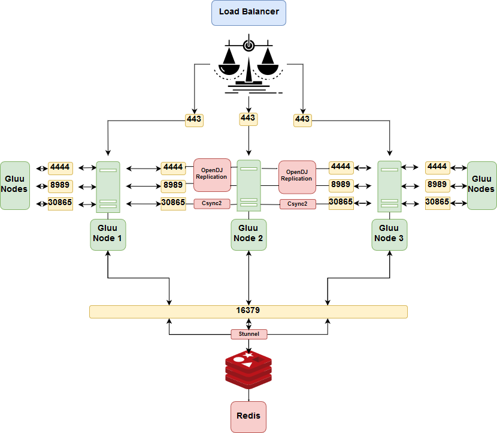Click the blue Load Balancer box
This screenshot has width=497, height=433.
[x=249, y=13]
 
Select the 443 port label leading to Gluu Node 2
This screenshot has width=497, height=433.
[x=248, y=118]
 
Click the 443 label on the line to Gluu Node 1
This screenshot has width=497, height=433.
[x=195, y=120]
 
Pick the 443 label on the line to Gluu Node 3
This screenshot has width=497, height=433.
[x=302, y=120]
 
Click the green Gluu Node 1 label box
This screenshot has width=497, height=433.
[x=108, y=234]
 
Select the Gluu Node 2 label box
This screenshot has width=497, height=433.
[x=249, y=234]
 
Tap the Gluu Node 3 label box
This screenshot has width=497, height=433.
[x=389, y=234]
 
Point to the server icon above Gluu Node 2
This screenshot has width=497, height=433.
[x=249, y=185]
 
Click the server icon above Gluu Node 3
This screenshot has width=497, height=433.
[x=389, y=186]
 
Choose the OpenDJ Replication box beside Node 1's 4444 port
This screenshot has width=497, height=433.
[x=212, y=175]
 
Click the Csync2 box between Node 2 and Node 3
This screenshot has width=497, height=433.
[x=298, y=204]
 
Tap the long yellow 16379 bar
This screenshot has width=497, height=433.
[x=248, y=311]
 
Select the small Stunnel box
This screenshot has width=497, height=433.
[x=249, y=334]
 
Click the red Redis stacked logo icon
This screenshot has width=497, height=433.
[x=249, y=369]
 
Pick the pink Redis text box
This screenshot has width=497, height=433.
[x=249, y=416]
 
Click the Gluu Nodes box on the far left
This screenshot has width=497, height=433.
[x=15, y=185]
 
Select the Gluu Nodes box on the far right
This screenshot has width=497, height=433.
[x=481, y=185]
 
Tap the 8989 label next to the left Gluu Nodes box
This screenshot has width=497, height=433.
[x=60, y=185]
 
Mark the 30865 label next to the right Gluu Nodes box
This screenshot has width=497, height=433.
[x=437, y=202]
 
